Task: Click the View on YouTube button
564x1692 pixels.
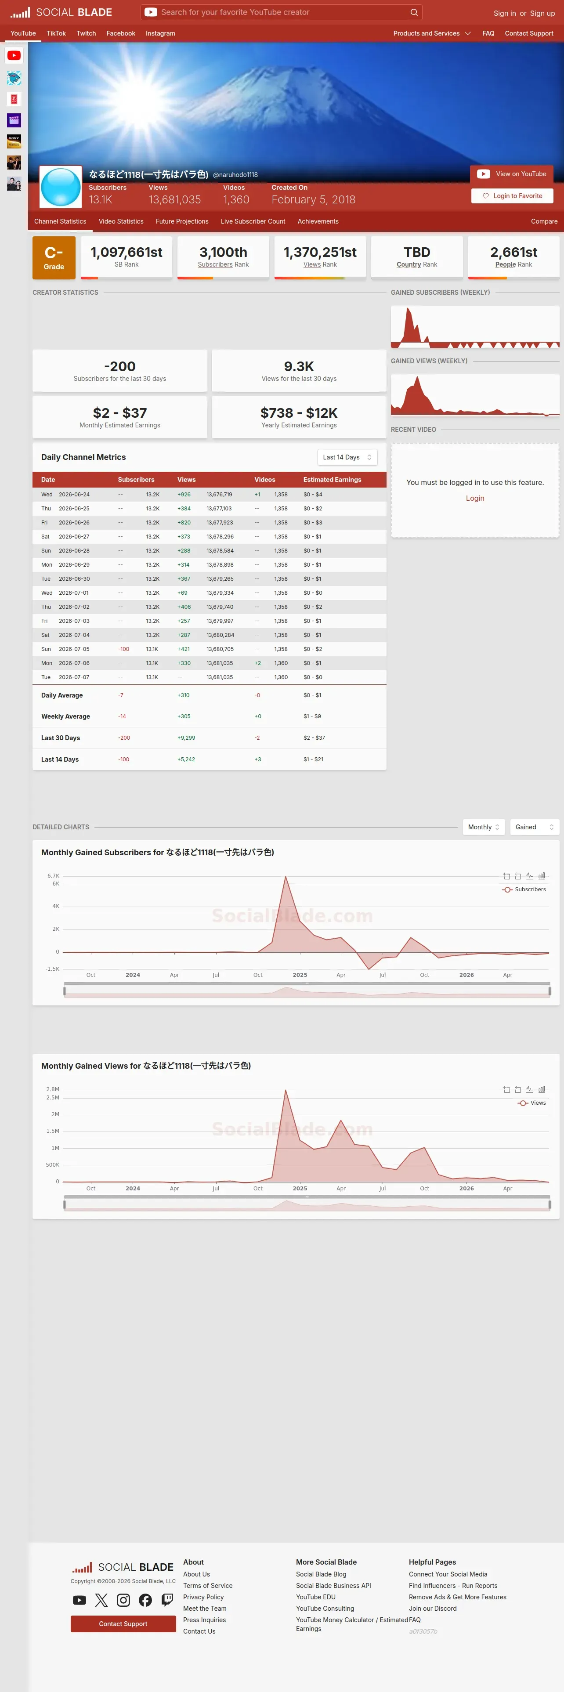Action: point(511,174)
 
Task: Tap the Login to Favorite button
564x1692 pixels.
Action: point(512,196)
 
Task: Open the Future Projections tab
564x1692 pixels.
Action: point(182,221)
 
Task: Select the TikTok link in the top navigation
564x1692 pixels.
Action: point(56,33)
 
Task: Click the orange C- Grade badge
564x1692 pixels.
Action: point(54,257)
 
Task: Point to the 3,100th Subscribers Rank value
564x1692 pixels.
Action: point(223,252)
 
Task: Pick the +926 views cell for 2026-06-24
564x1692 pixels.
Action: point(184,495)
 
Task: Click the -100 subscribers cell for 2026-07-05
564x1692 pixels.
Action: point(123,649)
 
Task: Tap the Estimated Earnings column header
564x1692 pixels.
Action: point(332,480)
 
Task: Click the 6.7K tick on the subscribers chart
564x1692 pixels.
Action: point(53,875)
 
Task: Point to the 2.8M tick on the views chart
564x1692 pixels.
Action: point(53,1089)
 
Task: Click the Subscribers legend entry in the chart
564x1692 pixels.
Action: point(524,889)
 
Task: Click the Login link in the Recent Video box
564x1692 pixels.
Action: point(475,499)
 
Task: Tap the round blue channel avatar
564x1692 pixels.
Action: point(61,187)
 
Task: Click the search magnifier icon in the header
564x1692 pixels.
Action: point(414,12)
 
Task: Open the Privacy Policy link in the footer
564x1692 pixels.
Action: point(203,1597)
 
